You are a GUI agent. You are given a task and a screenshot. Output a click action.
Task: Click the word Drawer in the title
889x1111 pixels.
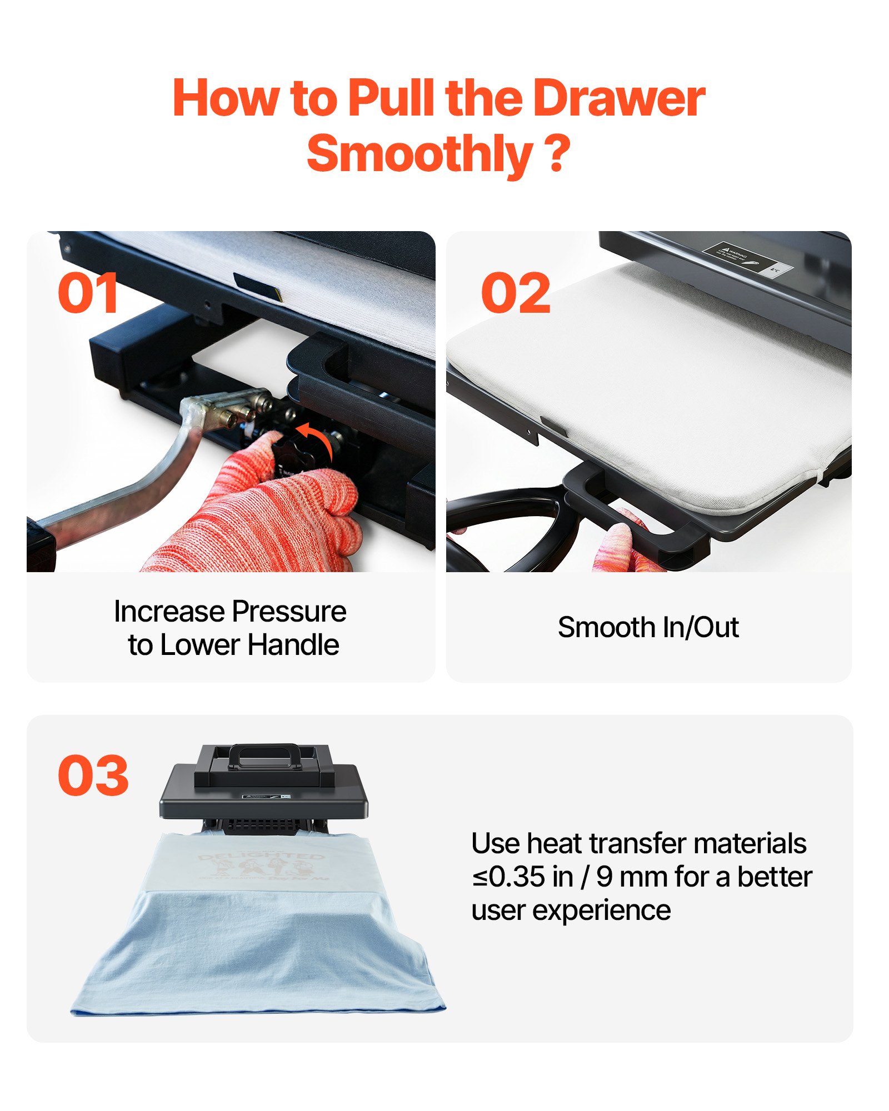click(x=618, y=99)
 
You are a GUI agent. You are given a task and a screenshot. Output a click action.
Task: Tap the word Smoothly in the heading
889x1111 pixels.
click(x=419, y=154)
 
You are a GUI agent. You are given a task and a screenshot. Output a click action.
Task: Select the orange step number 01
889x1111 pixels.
click(x=88, y=293)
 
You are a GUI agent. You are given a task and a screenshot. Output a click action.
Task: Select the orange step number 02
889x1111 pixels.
click(x=515, y=293)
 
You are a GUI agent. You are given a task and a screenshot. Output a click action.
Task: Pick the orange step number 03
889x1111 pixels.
click(x=93, y=775)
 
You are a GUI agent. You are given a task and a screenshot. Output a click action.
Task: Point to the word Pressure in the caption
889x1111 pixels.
click(x=289, y=612)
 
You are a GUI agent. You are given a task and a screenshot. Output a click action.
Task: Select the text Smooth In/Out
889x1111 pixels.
click(x=648, y=628)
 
